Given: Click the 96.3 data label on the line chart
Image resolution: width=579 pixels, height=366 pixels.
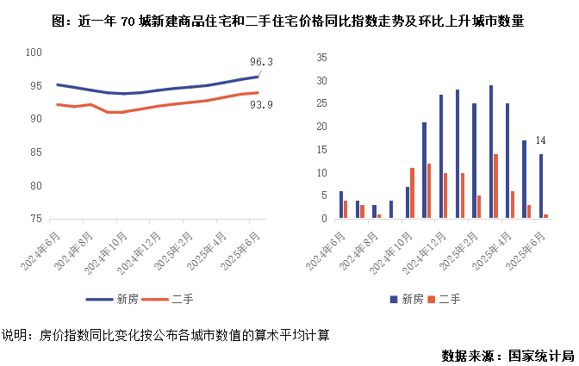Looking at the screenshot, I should point(261,61).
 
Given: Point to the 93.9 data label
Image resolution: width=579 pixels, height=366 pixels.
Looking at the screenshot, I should point(261,105).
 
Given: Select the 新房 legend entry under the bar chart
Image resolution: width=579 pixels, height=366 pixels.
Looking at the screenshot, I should point(405,299).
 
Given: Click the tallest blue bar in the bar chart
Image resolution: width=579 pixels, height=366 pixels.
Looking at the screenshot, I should point(490,152).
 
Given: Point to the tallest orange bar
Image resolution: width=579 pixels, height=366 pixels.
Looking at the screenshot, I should point(495,186).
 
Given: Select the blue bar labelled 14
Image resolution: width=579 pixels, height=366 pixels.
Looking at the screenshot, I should point(540,186).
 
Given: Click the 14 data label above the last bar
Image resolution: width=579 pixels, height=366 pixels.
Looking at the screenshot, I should point(541,140).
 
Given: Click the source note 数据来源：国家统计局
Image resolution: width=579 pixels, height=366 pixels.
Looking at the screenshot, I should point(507,355).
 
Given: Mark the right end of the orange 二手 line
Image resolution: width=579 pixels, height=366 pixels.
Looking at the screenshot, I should point(258,93).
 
